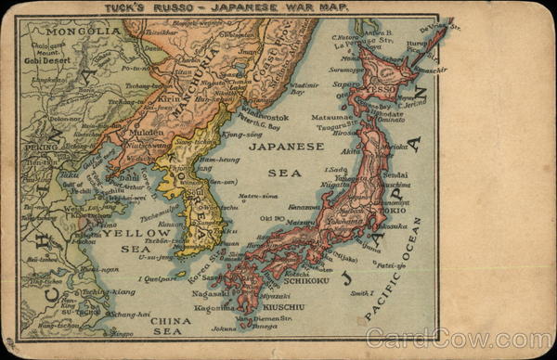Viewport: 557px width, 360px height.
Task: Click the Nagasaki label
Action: tap(213, 293)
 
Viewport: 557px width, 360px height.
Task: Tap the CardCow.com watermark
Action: tap(457, 340)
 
